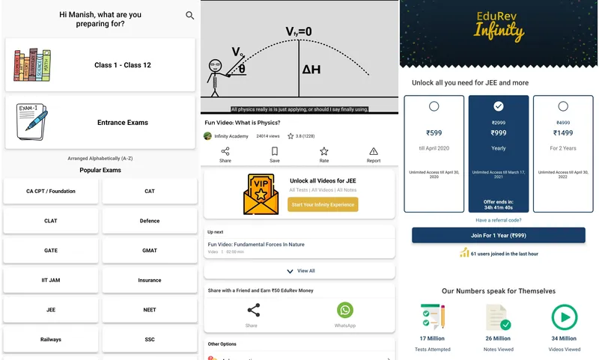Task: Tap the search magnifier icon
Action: tap(189, 16)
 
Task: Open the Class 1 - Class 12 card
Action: tap(100, 65)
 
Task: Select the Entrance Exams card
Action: tap(100, 122)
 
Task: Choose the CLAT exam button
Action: tap(51, 221)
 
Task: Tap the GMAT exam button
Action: tap(150, 250)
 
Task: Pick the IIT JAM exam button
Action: tap(51, 280)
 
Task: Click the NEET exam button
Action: tap(150, 310)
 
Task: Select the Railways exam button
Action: tap(51, 340)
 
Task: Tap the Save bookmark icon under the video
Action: tap(275, 152)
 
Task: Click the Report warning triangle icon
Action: tap(374, 152)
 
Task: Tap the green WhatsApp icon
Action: tap(344, 310)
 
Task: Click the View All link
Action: tap(300, 271)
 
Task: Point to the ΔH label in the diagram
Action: tap(312, 70)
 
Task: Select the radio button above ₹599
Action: tap(434, 106)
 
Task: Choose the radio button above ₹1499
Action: tap(563, 106)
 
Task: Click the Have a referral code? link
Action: tap(499, 220)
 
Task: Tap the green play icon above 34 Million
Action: tap(563, 317)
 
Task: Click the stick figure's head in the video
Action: tap(216, 64)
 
